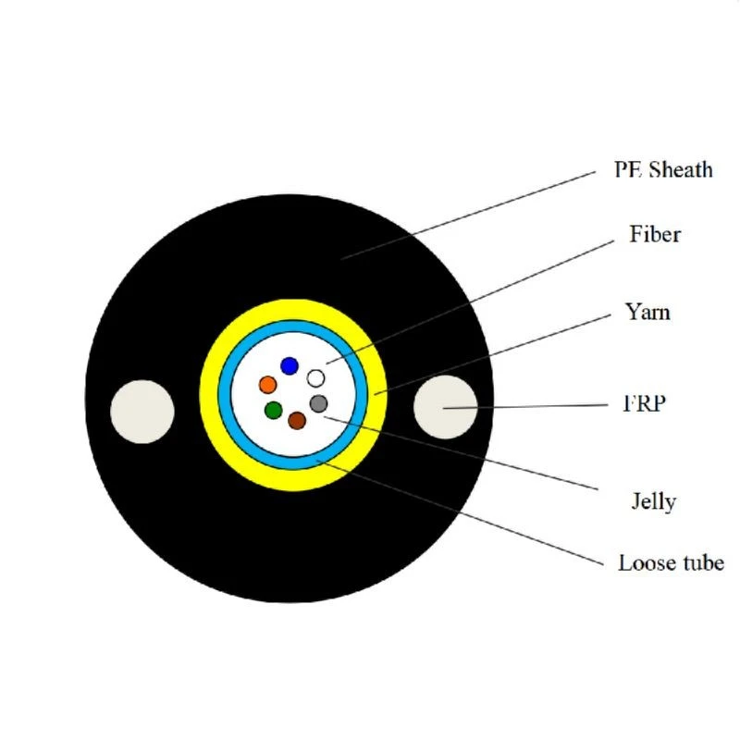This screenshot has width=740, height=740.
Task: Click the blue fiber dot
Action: pyautogui.click(x=290, y=365)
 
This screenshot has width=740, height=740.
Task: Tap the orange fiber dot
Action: pyautogui.click(x=267, y=385)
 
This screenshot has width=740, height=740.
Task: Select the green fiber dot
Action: pyautogui.click(x=273, y=410)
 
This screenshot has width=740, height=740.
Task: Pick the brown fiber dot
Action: pyautogui.click(x=297, y=421)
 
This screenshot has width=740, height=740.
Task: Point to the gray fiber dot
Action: pyautogui.click(x=318, y=403)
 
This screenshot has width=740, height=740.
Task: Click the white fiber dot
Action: pyautogui.click(x=315, y=378)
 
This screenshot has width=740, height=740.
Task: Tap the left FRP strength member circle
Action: pyautogui.click(x=142, y=412)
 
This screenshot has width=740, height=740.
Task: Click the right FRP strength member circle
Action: pyautogui.click(x=446, y=407)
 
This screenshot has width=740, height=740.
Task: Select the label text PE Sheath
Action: pyautogui.click(x=663, y=170)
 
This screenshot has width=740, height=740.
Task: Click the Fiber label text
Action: pyautogui.click(x=655, y=234)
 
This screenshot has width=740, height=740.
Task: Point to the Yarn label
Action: pyautogui.click(x=647, y=313)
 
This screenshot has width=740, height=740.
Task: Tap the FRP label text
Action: pyautogui.click(x=644, y=403)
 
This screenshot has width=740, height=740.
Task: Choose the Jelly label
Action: pyautogui.click(x=654, y=501)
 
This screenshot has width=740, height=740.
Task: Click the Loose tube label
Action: pyautogui.click(x=672, y=563)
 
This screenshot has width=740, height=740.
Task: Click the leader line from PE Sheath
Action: pyautogui.click(x=468, y=216)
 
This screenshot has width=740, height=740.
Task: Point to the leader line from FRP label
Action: pyautogui.click(x=525, y=406)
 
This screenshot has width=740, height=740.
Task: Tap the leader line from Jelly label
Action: pyautogui.click(x=461, y=453)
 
